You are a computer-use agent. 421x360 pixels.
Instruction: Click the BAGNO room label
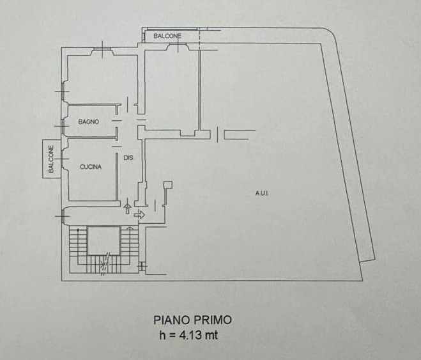[88, 121]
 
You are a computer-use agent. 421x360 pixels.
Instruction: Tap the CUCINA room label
[91, 167]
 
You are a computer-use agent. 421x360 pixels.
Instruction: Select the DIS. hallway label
[128, 158]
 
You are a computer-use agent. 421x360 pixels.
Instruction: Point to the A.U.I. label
[262, 193]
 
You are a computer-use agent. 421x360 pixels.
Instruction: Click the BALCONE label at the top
[167, 36]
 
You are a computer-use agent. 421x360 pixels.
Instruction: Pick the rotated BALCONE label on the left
[51, 159]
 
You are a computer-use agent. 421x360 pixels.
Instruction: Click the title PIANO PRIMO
[192, 320]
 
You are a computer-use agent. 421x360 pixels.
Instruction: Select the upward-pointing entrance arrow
[128, 208]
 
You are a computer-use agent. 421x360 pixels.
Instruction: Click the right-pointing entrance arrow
[139, 214]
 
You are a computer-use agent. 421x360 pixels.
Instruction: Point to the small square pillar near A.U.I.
[168, 185]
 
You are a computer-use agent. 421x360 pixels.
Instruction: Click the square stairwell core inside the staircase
[104, 240]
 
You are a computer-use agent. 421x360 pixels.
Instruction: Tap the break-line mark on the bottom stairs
[105, 264]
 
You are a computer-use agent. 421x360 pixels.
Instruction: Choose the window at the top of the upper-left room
[102, 49]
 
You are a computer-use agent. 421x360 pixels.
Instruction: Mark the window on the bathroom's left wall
[63, 126]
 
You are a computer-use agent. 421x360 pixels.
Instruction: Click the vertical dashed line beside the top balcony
[199, 39]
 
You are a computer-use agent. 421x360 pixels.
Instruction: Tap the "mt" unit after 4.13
[211, 335]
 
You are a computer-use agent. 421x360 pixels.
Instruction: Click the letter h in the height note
[162, 335]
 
